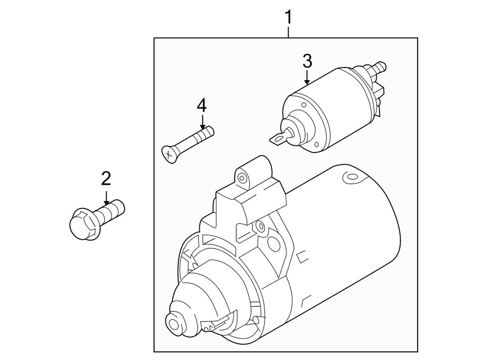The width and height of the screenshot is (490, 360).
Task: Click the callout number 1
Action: [289, 17]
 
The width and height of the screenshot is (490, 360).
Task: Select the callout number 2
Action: [106, 178]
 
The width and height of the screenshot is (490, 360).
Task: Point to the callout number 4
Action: [202, 105]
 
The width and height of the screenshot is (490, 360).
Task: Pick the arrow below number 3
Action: [307, 78]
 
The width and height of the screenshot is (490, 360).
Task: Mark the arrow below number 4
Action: [202, 123]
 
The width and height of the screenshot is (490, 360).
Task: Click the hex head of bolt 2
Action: [84, 224]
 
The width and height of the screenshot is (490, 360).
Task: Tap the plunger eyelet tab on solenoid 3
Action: [279, 139]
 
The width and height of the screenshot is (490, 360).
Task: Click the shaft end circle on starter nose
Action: [174, 324]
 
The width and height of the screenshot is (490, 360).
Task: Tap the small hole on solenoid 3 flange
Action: [315, 144]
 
